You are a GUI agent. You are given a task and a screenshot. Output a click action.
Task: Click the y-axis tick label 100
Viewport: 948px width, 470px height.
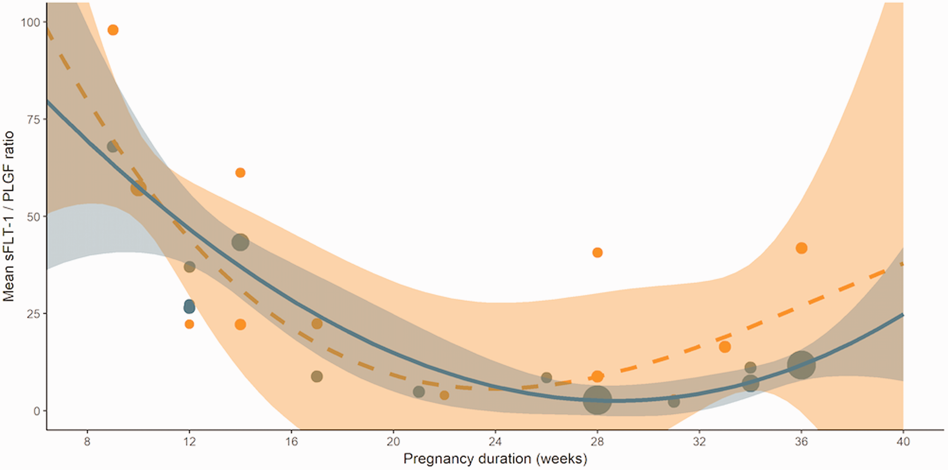pyautogui.click(x=30, y=22)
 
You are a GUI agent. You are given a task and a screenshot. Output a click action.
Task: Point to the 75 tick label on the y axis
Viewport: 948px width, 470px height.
pyautogui.click(x=33, y=119)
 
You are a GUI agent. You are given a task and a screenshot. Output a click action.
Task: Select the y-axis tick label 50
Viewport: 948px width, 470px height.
pyautogui.click(x=33, y=217)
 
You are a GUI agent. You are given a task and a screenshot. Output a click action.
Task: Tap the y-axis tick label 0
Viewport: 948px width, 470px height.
pyautogui.click(x=37, y=411)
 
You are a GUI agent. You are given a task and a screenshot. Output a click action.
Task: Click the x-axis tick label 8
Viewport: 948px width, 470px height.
pyautogui.click(x=87, y=441)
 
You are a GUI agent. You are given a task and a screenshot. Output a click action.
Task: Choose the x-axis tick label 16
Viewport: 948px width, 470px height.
pyautogui.click(x=291, y=441)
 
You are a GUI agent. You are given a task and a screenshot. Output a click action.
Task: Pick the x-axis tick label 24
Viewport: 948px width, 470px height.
pyautogui.click(x=495, y=441)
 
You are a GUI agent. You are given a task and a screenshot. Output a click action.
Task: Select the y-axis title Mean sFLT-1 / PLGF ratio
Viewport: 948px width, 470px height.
pyautogui.click(x=8, y=217)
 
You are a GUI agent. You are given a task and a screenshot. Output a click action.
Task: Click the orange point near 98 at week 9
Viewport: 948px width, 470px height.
pyautogui.click(x=113, y=30)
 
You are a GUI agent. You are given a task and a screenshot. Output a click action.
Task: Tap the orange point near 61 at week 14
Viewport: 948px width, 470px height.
pyautogui.click(x=240, y=172)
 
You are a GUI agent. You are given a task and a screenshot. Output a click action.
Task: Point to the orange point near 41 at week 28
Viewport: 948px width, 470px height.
pyautogui.click(x=597, y=253)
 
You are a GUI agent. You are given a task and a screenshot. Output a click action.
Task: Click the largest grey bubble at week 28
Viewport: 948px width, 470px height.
pyautogui.click(x=597, y=400)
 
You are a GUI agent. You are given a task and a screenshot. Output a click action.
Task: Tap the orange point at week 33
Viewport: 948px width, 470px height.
pyautogui.click(x=725, y=347)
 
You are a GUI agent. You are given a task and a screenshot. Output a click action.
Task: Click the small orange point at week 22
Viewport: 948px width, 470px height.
pyautogui.click(x=445, y=395)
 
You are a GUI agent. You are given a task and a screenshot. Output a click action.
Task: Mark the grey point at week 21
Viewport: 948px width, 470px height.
pyautogui.click(x=419, y=392)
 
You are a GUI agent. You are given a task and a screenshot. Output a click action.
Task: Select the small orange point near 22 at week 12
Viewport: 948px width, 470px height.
pyautogui.click(x=189, y=324)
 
